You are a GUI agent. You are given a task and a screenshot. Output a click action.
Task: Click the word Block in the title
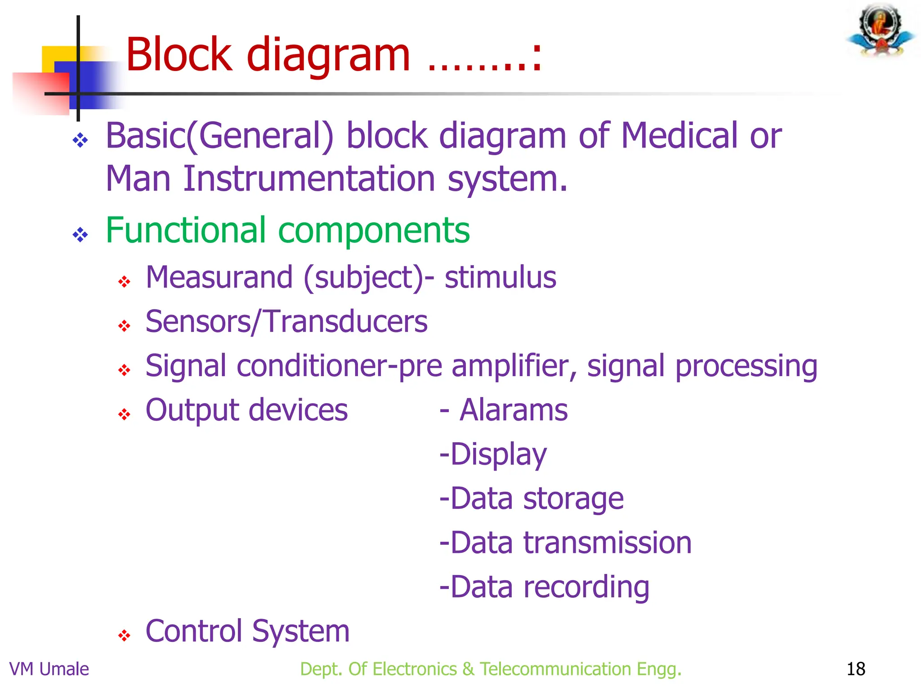point(179,54)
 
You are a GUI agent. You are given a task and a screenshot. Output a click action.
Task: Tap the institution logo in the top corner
point(881,31)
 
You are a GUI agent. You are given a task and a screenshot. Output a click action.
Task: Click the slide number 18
point(855,669)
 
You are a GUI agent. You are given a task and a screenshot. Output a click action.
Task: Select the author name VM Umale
point(49,669)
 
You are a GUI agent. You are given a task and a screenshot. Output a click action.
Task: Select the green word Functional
point(186,230)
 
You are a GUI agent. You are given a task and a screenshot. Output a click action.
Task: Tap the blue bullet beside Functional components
point(80,234)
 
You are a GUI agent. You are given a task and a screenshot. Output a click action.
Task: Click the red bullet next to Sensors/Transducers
point(124,325)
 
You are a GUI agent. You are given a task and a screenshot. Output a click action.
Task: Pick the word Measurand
point(219,277)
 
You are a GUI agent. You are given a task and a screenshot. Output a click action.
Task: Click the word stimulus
point(500,277)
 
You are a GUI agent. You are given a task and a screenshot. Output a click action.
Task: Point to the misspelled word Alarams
point(513,410)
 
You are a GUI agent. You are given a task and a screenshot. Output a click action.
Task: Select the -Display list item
point(493,454)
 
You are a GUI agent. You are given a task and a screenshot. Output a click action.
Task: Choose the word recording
point(586,587)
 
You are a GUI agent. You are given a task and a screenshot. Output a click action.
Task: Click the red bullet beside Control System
point(124,635)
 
